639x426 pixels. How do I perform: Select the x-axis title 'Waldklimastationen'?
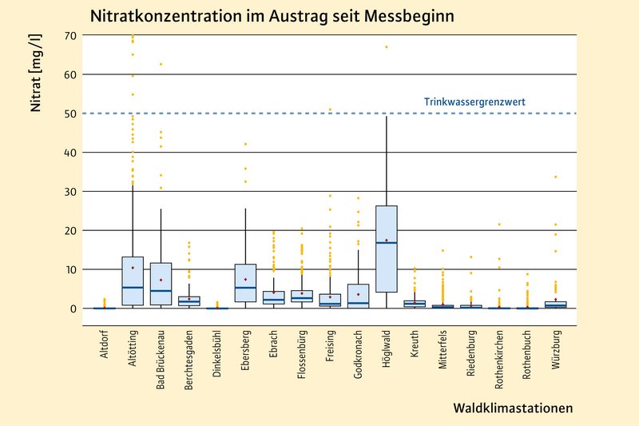click(x=513, y=408)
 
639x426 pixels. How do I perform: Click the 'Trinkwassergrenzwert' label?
click(x=474, y=102)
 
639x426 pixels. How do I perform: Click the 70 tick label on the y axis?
click(x=69, y=36)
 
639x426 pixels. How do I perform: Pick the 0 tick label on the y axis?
click(x=73, y=309)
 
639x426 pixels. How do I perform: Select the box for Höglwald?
click(x=387, y=249)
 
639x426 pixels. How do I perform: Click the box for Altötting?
click(x=133, y=281)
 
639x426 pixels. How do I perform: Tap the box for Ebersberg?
click(x=245, y=283)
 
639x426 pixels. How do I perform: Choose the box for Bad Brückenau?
click(x=161, y=284)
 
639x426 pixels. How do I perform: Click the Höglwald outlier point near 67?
click(x=387, y=47)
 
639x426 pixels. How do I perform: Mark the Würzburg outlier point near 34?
click(x=556, y=177)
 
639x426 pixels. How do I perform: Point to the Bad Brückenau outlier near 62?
click(x=161, y=64)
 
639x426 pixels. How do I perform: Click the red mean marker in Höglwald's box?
click(x=387, y=241)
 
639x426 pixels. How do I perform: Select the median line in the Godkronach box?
click(x=359, y=303)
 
